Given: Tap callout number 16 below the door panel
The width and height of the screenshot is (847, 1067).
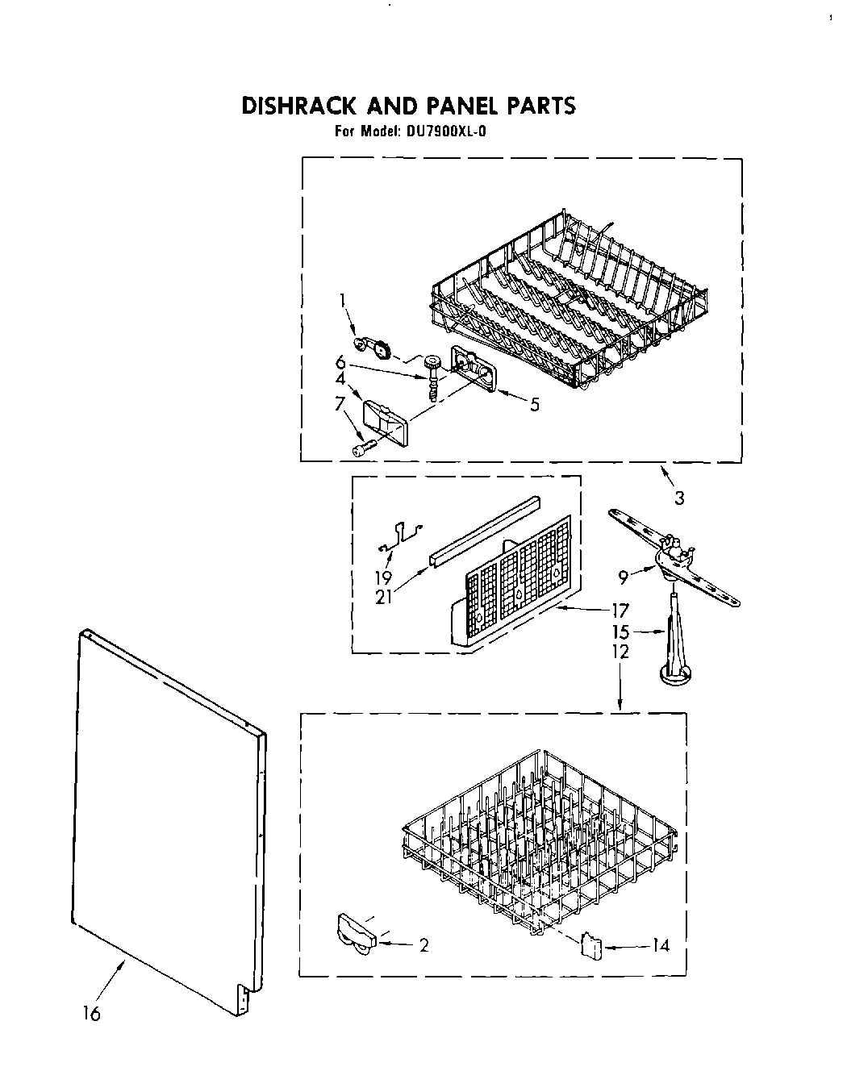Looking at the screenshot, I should pyautogui.click(x=92, y=1014).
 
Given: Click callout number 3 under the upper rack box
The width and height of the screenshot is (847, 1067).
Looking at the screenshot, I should pyautogui.click(x=679, y=498).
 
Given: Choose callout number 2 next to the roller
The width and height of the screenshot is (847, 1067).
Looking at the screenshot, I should pyautogui.click(x=423, y=945).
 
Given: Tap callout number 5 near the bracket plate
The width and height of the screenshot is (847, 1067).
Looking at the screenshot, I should pyautogui.click(x=533, y=405).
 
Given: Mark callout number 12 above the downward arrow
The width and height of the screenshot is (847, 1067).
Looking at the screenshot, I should pyautogui.click(x=620, y=651).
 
